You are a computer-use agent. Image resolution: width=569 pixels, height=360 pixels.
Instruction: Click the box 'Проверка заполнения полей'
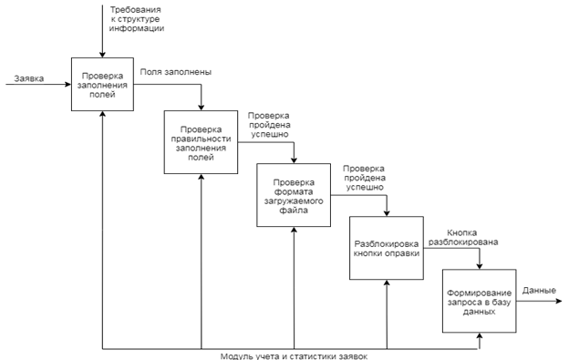click(x=102, y=84)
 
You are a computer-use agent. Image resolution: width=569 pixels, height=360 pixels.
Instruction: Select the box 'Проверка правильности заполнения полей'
click(x=201, y=142)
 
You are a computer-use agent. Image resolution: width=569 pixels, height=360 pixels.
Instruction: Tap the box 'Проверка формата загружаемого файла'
click(x=294, y=195)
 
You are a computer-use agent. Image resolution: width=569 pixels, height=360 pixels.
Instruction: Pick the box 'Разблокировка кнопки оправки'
click(x=387, y=248)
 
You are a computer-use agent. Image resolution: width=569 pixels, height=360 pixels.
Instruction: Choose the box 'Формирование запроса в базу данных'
click(x=479, y=301)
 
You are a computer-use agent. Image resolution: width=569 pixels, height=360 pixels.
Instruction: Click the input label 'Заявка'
click(x=29, y=78)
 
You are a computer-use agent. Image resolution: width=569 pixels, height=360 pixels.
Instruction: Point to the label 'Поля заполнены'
click(x=176, y=72)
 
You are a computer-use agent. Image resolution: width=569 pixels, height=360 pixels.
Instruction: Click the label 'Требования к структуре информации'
click(x=136, y=19)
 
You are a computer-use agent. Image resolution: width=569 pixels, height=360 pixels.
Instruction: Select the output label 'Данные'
click(x=539, y=291)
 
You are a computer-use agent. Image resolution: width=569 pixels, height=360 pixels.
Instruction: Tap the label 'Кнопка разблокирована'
click(x=463, y=237)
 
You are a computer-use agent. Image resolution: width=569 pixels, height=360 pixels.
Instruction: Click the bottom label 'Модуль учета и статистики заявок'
click(x=294, y=356)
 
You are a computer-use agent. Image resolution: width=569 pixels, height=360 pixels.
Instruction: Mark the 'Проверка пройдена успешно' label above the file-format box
click(x=269, y=125)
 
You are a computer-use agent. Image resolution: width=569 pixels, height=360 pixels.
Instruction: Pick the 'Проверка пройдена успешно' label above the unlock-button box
click(x=364, y=178)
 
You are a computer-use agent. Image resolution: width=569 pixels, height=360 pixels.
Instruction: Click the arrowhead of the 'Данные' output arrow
click(x=559, y=301)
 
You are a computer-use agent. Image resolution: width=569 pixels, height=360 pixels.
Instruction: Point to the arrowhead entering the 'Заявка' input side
click(x=67, y=84)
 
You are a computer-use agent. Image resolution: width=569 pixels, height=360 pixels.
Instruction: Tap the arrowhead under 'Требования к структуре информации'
click(x=102, y=55)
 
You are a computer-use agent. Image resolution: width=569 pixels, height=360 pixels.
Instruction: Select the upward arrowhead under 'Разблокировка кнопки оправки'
click(x=387, y=283)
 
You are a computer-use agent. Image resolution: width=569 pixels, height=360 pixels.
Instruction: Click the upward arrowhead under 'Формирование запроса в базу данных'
click(x=480, y=336)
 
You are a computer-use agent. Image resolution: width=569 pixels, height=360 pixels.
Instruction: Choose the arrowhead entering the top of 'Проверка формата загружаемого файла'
click(x=294, y=160)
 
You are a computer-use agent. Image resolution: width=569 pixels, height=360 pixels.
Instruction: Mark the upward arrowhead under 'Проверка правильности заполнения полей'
click(x=201, y=178)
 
